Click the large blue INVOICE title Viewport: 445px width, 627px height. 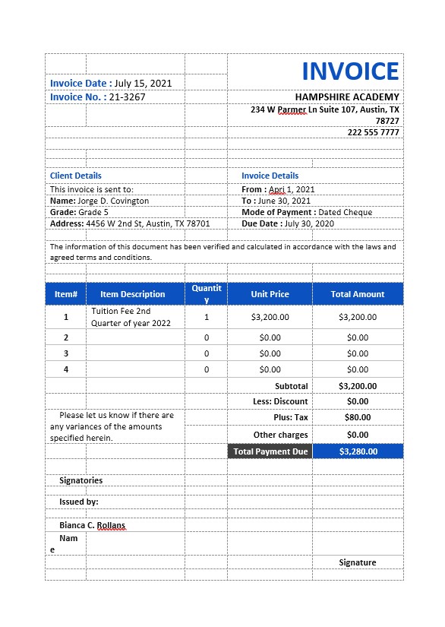[x=350, y=71]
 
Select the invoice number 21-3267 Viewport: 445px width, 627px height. [x=127, y=97]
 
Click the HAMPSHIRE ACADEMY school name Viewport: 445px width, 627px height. [x=346, y=97]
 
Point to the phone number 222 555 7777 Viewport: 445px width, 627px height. [x=373, y=132]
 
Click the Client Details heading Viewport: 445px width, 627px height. [x=76, y=176]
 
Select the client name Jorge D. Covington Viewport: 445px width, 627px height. [x=113, y=201]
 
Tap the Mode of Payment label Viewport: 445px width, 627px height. [x=277, y=212]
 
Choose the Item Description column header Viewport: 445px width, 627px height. [x=132, y=294]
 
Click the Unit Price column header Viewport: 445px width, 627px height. [x=270, y=294]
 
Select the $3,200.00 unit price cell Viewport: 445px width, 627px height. [x=270, y=317]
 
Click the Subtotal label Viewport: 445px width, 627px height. [x=291, y=386]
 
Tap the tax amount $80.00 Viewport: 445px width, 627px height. [x=357, y=417]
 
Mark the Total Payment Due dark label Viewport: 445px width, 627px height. [x=270, y=451]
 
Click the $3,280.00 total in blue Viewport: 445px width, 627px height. [x=358, y=451]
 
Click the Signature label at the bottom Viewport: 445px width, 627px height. [x=357, y=562]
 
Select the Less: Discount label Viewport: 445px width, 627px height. [x=280, y=401]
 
